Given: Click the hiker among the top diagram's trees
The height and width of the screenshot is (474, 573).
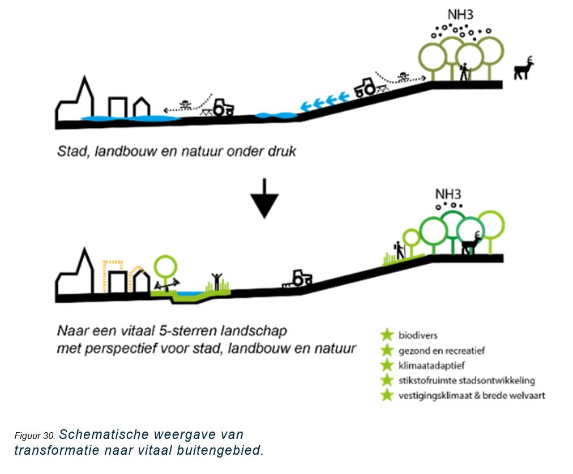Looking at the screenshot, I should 464,71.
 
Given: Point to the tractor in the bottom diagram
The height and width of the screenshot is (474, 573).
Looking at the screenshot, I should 298,278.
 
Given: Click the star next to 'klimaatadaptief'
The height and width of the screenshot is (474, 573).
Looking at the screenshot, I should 387,365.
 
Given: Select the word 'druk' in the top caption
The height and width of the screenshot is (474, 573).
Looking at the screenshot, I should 281,152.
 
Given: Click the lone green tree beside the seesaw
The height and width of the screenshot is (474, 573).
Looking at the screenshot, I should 165,265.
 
